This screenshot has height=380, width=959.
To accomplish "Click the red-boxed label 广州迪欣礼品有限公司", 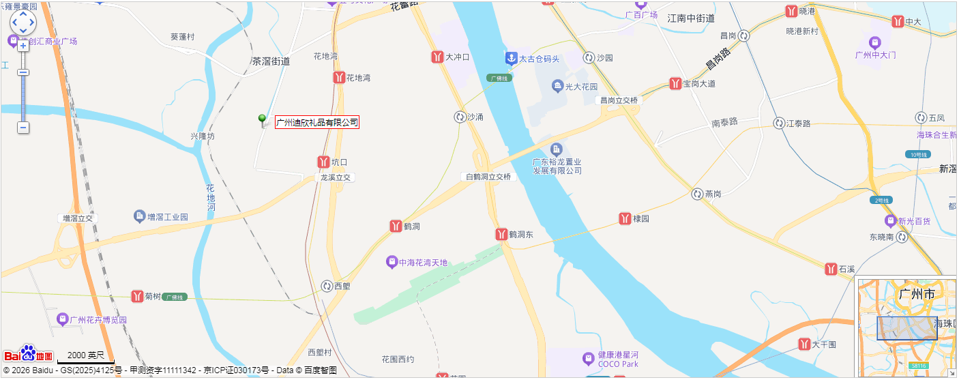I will pyautogui.click(x=316, y=123).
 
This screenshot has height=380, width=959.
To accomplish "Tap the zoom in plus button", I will pyautogui.click(x=23, y=46).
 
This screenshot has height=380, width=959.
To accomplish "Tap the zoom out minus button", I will pyautogui.click(x=23, y=128).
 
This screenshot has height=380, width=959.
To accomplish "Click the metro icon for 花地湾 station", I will pyautogui.click(x=338, y=78).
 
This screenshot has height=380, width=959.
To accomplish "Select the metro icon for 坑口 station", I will pyautogui.click(x=323, y=162).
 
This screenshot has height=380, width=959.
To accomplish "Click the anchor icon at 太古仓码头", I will pyautogui.click(x=511, y=59).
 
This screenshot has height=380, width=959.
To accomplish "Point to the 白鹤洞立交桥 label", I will pyautogui.click(x=488, y=177).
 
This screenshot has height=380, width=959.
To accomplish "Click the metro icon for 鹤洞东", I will pyautogui.click(x=501, y=235).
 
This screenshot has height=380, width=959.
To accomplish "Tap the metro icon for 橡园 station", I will pyautogui.click(x=625, y=218).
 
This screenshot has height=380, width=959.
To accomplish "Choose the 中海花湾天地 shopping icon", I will pyautogui.click(x=392, y=262).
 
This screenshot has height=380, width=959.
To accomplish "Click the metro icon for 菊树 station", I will pyautogui.click(x=137, y=297).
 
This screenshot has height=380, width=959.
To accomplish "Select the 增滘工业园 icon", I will pyautogui.click(x=140, y=217).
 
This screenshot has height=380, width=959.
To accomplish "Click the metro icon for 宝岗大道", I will pyautogui.click(x=675, y=84).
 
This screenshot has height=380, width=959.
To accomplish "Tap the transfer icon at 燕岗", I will pyautogui.click(x=697, y=194).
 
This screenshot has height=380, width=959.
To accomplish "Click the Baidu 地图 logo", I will pyautogui.click(x=28, y=355).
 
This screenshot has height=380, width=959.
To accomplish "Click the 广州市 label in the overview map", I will pyautogui.click(x=917, y=294).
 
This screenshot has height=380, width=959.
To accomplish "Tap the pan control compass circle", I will pyautogui.click(x=23, y=23).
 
